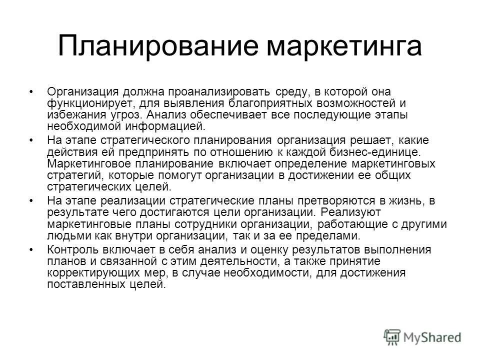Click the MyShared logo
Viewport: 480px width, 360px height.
pos(422,336)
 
